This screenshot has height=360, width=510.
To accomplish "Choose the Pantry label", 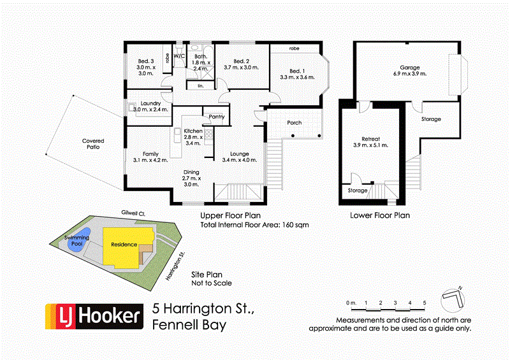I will [x=217, y=117].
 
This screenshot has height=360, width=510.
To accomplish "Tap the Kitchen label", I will [x=193, y=131].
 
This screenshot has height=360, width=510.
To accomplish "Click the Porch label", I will [x=294, y=123].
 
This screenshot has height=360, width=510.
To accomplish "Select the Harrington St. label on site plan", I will [x=175, y=266].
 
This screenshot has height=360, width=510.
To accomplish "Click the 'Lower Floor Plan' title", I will [x=380, y=215].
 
